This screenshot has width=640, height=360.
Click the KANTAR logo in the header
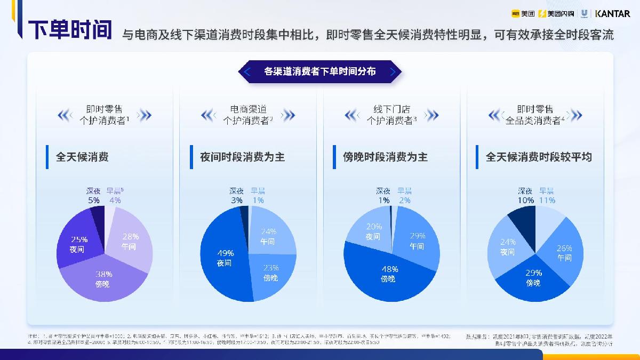tap(612, 13)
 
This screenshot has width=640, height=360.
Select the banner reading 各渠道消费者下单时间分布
tap(320, 71)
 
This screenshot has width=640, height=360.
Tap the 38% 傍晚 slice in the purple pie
tap(102, 280)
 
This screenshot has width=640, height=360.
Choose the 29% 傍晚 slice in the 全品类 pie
tap(533, 278)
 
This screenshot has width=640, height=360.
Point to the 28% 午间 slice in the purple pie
tap(130, 241)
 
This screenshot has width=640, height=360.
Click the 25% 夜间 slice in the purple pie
tap(78, 244)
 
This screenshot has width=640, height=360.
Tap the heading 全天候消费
tap(82, 157)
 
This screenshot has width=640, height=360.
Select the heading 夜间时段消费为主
tap(242, 157)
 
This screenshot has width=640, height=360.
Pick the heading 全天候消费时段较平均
tap(539, 157)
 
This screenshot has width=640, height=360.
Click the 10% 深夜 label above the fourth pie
tap(525, 196)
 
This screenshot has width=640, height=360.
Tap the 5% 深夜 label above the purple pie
tap(94, 196)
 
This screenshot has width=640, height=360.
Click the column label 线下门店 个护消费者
tap(391, 115)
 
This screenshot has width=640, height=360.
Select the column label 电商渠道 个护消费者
tap(248, 115)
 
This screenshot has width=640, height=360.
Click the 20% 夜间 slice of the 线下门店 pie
tap(373, 232)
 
